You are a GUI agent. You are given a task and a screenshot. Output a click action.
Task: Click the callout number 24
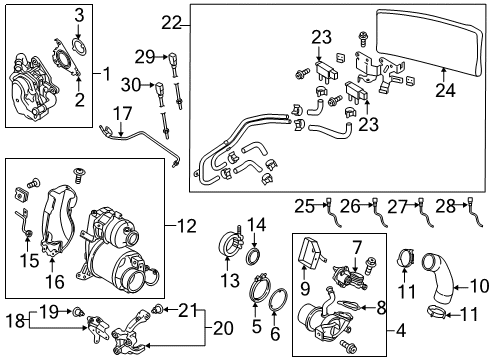[445, 90]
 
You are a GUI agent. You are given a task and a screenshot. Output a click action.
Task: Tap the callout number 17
[123, 114]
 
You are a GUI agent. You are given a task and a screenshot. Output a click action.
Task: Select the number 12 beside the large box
[187, 227]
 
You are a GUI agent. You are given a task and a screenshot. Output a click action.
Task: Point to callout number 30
[131, 85]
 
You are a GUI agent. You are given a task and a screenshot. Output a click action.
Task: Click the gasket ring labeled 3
[80, 48]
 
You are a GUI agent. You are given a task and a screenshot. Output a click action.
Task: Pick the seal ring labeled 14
[255, 256]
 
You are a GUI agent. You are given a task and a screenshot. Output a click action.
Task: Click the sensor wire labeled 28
[476, 213]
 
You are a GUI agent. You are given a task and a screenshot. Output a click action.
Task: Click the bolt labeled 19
[78, 312]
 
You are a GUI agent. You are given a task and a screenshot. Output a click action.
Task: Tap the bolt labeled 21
[155, 310]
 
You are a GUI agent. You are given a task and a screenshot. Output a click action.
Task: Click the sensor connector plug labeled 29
[173, 59]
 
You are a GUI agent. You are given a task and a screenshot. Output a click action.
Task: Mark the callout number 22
[171, 23]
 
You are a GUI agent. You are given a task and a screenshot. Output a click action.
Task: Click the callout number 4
[401, 331]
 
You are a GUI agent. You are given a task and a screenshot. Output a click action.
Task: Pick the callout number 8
[381, 307]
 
